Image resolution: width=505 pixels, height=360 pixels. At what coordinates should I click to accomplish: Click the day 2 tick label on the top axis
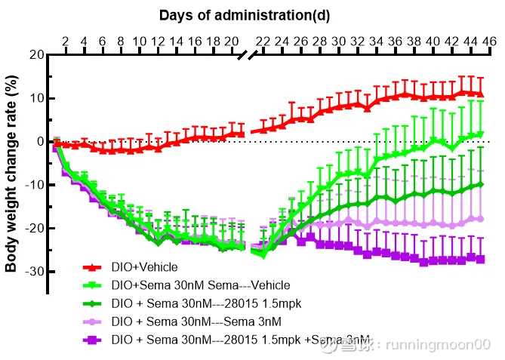click(65, 41)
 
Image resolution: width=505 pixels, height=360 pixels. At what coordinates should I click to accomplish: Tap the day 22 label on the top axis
click(263, 41)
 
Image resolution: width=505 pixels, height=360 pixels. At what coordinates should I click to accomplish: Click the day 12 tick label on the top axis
click(158, 41)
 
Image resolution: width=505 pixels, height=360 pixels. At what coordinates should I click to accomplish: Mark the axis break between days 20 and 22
click(247, 56)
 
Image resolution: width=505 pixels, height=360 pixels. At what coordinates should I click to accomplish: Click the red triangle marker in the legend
click(91, 267)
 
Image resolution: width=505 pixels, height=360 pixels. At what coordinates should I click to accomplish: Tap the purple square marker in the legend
click(91, 340)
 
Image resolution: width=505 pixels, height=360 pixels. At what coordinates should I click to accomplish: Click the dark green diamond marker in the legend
click(91, 303)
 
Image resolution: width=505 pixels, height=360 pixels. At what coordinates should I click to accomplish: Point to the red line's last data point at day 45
click(480, 94)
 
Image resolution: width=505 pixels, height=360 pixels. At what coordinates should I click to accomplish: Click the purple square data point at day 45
click(480, 259)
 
